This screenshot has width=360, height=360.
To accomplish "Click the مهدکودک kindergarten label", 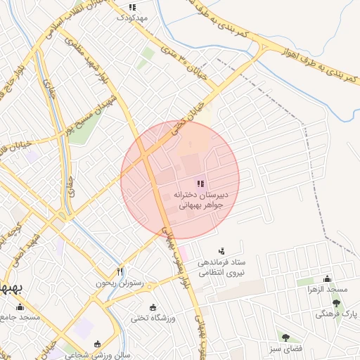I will (x=133, y=16).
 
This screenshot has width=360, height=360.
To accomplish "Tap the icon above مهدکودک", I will (x=132, y=6).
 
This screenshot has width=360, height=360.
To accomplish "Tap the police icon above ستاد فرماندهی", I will (x=222, y=250).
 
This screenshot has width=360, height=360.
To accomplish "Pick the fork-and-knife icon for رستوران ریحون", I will (x=120, y=271).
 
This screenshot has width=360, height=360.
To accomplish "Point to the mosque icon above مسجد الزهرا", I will (x=326, y=278).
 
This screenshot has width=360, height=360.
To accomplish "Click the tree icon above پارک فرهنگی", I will (x=337, y=303).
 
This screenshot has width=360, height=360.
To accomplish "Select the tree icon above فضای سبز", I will (x=285, y=337).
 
